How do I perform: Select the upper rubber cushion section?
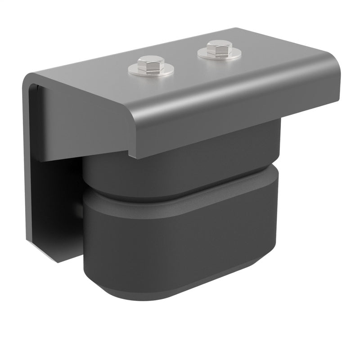180,171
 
